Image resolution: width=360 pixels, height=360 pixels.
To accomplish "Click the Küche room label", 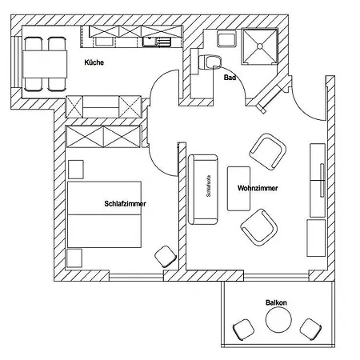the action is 94,62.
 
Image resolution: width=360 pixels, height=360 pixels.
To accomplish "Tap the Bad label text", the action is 230,78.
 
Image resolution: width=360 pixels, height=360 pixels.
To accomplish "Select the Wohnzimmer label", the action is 258,188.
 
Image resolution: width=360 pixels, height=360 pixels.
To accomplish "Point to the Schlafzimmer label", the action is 125,204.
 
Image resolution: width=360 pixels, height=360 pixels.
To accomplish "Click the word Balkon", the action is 276,302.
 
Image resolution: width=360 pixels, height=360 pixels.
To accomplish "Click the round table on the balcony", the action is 278,320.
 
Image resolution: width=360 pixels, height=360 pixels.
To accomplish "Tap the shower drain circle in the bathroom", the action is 260,46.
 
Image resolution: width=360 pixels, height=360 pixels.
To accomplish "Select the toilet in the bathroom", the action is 210,62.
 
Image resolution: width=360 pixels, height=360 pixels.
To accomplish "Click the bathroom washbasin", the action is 226,39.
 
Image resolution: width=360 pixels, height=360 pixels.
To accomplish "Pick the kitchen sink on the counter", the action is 157,42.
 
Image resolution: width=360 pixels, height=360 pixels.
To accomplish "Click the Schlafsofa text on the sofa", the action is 208,186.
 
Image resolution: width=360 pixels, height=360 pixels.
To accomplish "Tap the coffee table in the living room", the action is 238,189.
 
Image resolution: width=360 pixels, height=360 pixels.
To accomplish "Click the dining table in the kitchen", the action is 45,64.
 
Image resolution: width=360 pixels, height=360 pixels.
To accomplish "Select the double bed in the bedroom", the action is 104,214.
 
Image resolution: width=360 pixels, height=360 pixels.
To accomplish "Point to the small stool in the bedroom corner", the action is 166,256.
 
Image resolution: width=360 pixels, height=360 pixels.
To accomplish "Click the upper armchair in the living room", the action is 268,151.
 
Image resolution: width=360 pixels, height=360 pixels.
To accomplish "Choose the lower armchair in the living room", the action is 259,227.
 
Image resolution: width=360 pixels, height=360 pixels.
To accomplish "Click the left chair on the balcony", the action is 243,330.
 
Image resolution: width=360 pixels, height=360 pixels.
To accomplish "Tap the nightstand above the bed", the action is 76,170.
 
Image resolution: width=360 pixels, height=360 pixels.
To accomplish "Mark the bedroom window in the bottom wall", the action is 136,278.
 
